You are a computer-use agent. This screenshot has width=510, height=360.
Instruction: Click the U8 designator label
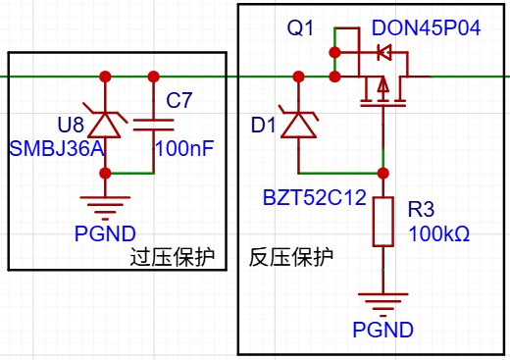pos(71,125)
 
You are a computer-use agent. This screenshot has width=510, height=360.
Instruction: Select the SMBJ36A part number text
pos(57,148)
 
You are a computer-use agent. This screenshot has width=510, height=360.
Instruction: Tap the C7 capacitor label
pos(178,100)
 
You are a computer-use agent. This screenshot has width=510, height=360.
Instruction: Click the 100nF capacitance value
pos(184,148)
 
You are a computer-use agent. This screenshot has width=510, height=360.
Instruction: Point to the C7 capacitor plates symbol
pos(153,125)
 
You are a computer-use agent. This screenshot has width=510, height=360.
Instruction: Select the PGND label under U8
pos(105,233)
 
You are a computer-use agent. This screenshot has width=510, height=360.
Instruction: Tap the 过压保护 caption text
pos(173,257)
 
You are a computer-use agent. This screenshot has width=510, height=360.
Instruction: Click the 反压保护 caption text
pos(291,257)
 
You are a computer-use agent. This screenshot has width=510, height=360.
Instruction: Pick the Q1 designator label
pos(300,27)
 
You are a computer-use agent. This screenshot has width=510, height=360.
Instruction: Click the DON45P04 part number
pos(426,27)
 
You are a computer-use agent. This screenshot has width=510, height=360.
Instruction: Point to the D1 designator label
pos(263,125)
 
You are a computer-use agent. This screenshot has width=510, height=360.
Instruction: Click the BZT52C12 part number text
pos(315,197)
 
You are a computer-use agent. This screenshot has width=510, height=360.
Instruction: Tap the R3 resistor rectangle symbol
pos(382,222)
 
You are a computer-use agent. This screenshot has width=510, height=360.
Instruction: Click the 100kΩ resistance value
pos(439,234)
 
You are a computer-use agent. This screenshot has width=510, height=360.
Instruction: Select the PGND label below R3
pos(382,330)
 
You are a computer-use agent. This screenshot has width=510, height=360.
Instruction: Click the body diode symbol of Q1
pos(383,52)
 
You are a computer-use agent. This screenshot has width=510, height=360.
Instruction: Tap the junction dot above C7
pos(153,77)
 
